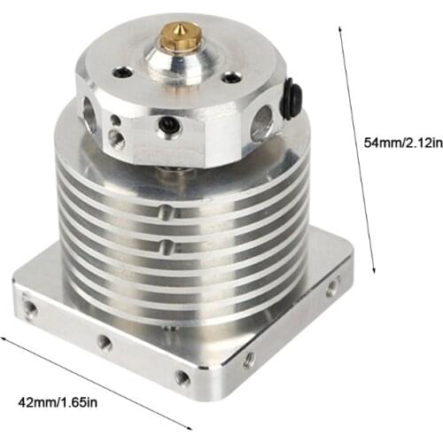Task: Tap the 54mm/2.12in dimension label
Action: click(396, 141)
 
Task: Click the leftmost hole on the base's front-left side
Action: click(32, 305)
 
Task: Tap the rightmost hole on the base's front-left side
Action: click(182, 377)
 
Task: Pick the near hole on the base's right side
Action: click(249, 360)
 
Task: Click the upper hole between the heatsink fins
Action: click(166, 211)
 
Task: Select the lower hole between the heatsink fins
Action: click(166, 241)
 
